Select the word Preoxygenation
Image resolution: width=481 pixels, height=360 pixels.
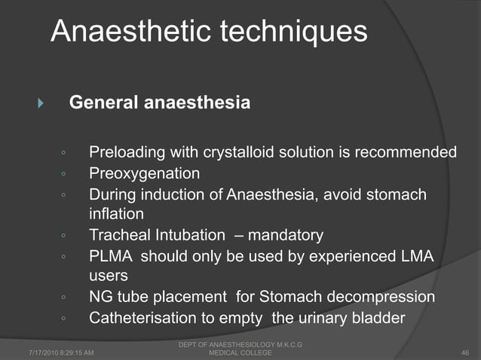[145, 174]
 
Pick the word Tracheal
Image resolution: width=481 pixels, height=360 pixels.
[118, 236]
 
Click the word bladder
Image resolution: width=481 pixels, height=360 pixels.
[379, 318]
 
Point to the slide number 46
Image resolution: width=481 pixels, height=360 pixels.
[464, 352]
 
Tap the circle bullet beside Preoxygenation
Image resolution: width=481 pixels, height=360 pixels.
[66, 175]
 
